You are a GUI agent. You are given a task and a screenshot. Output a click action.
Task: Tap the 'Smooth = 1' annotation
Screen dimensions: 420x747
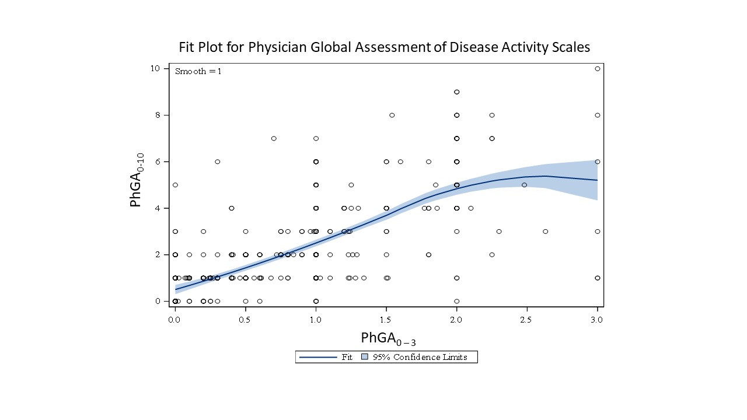click(x=198, y=71)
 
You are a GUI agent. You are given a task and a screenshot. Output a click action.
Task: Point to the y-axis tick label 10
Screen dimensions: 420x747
click(x=155, y=68)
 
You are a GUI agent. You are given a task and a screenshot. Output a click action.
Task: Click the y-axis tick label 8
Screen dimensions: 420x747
click(x=157, y=115)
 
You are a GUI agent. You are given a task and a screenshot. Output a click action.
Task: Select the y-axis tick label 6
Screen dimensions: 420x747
click(x=157, y=162)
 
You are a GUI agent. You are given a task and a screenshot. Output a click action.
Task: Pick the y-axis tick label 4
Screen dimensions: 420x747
click(x=157, y=208)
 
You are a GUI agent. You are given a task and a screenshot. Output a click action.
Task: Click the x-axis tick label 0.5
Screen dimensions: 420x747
click(x=245, y=320)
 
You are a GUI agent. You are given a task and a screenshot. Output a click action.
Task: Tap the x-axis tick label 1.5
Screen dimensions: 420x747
click(x=386, y=320)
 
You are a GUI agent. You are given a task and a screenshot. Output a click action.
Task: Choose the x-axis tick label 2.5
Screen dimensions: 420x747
click(x=526, y=320)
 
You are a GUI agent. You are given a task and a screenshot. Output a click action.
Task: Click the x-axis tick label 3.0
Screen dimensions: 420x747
click(x=596, y=320)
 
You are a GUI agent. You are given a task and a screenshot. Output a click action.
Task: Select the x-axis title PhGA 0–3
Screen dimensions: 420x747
click(x=388, y=338)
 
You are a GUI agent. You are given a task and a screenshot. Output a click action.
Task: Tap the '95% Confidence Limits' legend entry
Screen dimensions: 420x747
click(x=420, y=357)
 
